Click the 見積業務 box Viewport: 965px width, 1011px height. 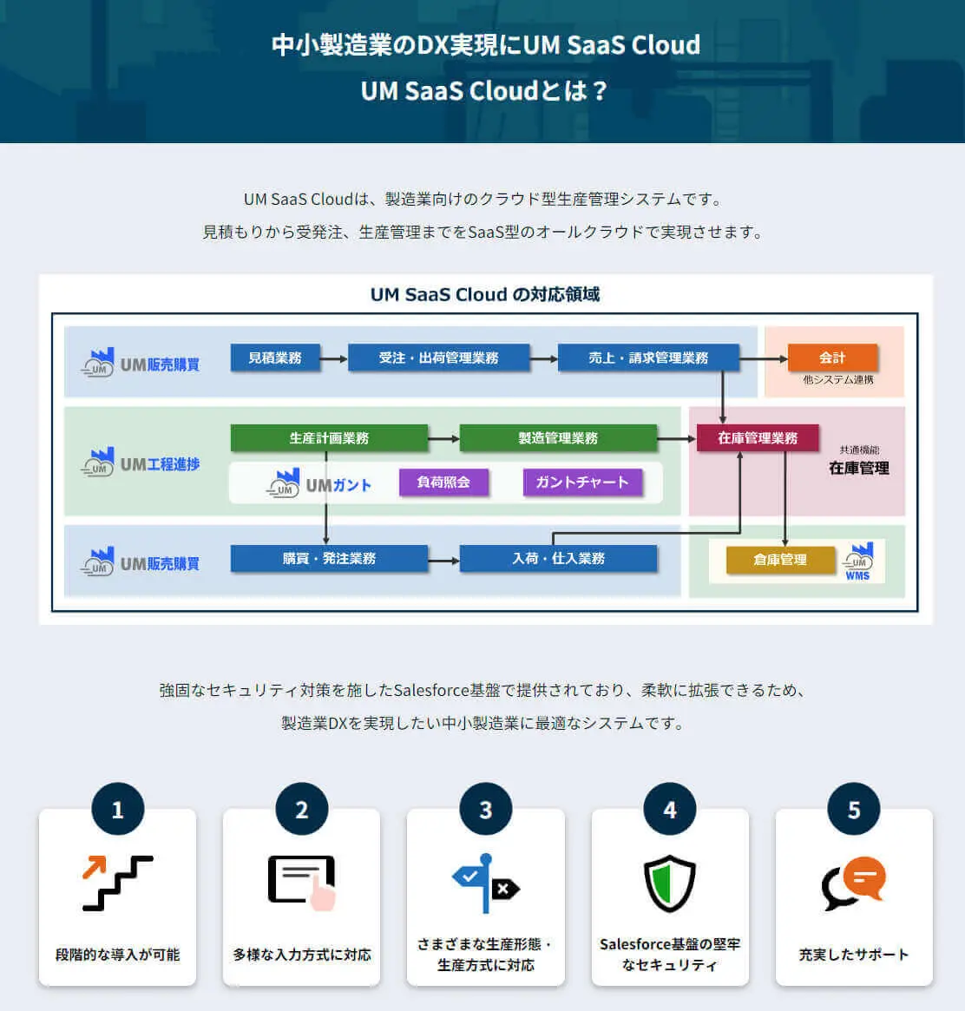tap(274, 358)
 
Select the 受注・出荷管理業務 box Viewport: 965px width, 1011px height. tap(438, 358)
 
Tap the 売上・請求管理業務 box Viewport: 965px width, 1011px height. tap(647, 358)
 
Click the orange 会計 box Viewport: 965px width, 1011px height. tap(832, 358)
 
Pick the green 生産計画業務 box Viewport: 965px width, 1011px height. tap(329, 438)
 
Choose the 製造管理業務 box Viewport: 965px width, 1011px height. tap(557, 438)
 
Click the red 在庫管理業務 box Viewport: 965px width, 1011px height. tap(757, 438)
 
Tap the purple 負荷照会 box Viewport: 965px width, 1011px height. tap(443, 483)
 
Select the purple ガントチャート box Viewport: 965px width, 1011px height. tap(581, 483)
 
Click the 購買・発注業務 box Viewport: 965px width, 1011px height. tap(329, 558)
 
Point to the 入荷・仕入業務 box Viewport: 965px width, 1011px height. tap(557, 558)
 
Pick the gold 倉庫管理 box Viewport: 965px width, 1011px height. tap(779, 560)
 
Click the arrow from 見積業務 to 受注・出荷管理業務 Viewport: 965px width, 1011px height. tap(333, 358)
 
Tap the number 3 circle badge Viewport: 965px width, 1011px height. tap(485, 810)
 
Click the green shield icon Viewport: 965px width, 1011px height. tap(669, 883)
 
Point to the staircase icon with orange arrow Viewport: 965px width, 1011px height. tap(117, 883)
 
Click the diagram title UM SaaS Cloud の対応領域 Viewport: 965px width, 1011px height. tap(484, 294)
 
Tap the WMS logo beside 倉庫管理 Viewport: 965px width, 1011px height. tap(858, 561)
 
